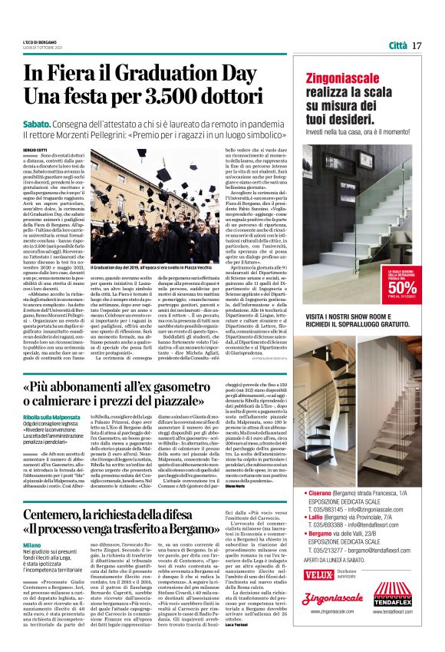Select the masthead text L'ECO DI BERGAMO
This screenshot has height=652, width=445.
[x=38, y=41]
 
